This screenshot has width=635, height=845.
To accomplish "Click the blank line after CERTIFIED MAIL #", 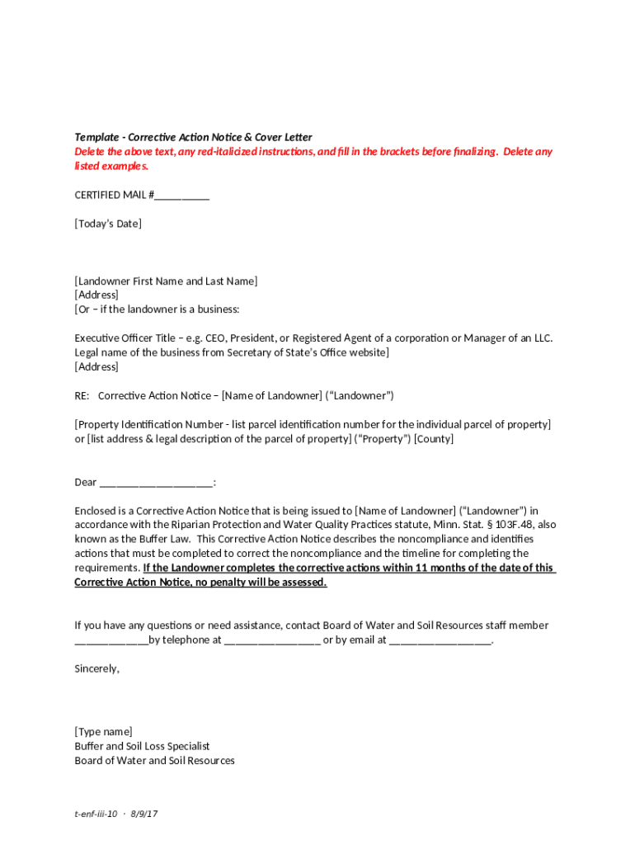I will pyautogui.click(x=182, y=196).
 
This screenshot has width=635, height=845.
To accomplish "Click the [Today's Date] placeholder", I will pyautogui.click(x=108, y=224).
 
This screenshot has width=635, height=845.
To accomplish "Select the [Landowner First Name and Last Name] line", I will pyautogui.click(x=166, y=281).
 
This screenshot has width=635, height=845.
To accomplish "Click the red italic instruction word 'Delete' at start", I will pyautogui.click(x=90, y=152).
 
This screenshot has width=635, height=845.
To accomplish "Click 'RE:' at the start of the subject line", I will pyautogui.click(x=82, y=396).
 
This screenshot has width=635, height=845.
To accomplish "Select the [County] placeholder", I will pyautogui.click(x=434, y=439).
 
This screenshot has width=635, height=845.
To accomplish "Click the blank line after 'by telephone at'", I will pyautogui.click(x=271, y=640).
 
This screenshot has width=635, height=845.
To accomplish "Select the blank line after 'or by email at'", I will pyautogui.click(x=440, y=640).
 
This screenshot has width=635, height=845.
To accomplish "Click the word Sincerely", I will pyautogui.click(x=96, y=668).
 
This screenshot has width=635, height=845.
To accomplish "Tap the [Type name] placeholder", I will pyautogui.click(x=103, y=732).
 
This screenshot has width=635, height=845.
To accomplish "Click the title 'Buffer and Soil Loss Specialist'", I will pyautogui.click(x=142, y=746).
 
